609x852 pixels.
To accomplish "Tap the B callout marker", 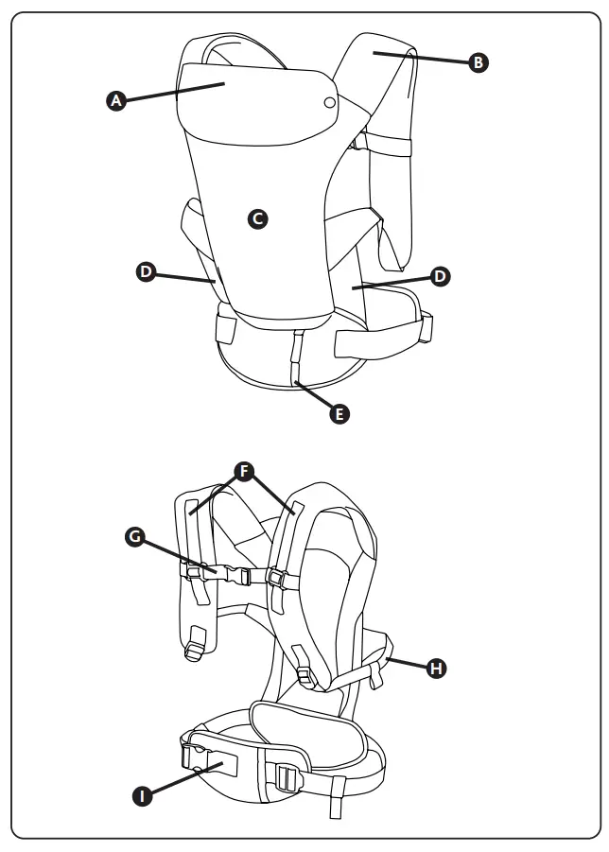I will (479, 62).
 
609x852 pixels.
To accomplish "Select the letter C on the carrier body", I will (256, 218).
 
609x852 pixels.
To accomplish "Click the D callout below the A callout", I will (146, 271).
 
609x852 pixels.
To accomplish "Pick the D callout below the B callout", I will (440, 276).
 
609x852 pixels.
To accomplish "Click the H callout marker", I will (436, 668).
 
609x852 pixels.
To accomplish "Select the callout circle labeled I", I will (142, 796).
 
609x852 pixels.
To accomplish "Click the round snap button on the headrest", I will (328, 102).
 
